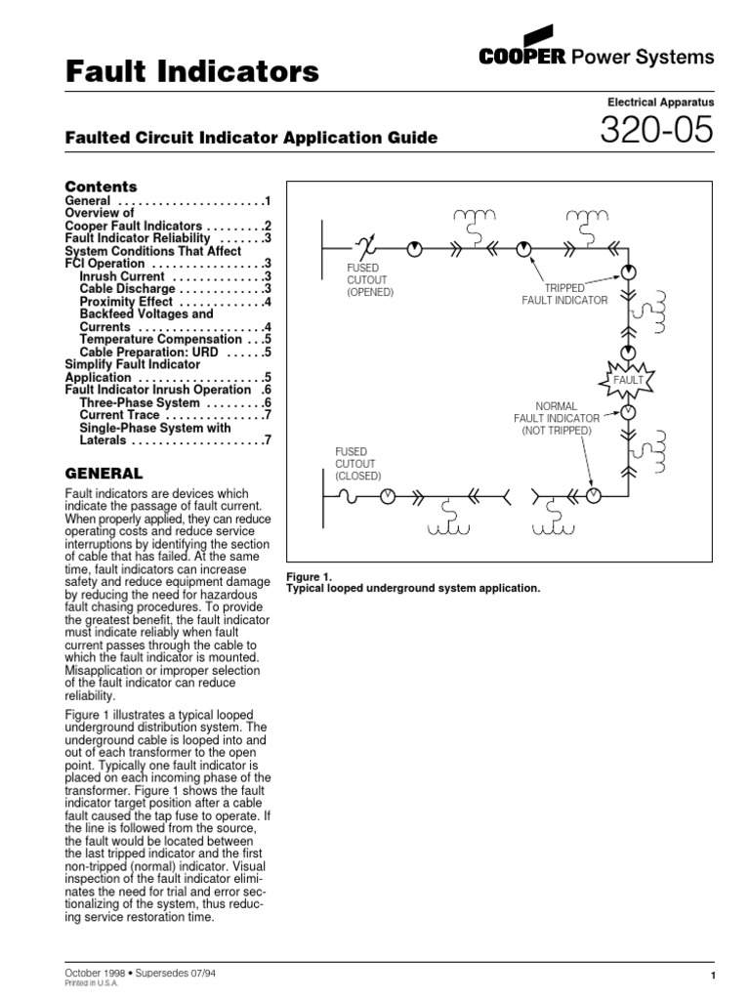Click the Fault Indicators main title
[x=191, y=71]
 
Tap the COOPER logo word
[x=523, y=58]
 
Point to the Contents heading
[x=101, y=187]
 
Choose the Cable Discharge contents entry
[x=127, y=289]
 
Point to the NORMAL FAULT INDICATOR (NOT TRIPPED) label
[x=557, y=417]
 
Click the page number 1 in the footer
[x=716, y=976]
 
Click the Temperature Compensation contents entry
[x=161, y=340]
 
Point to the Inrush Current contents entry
[x=125, y=276]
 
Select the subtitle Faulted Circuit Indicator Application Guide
[x=251, y=139]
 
